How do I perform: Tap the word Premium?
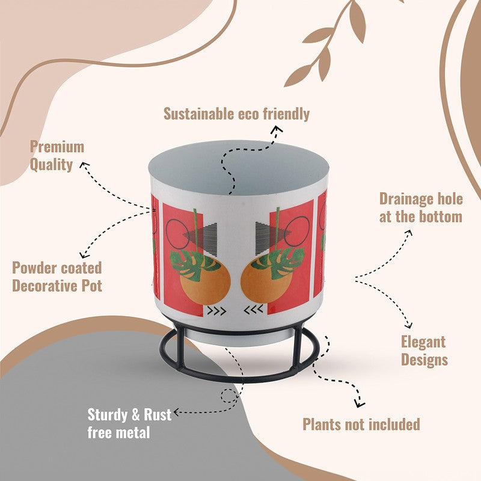[x=57, y=147]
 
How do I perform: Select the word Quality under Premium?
[x=51, y=165]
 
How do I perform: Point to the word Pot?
[x=91, y=286]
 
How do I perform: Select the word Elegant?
[x=423, y=342]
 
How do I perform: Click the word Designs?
[x=424, y=360]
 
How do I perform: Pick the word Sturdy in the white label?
[x=107, y=415]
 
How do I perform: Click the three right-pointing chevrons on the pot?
[x=217, y=311]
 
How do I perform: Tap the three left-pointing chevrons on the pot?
[x=253, y=310]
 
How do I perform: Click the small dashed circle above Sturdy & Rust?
[x=229, y=396]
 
